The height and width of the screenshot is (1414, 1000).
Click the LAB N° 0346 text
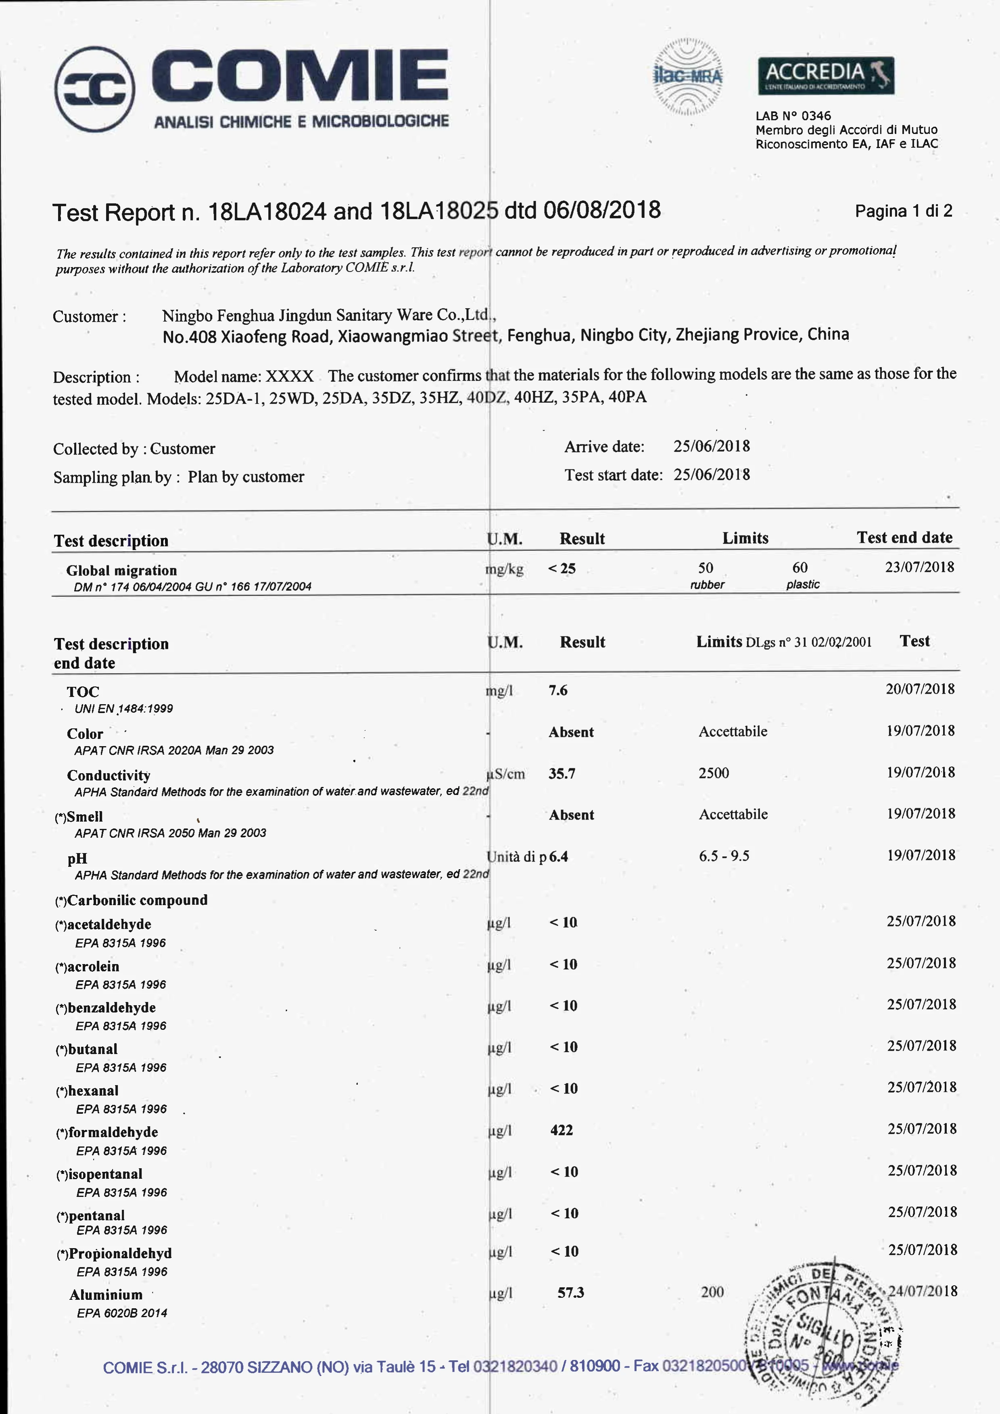793,116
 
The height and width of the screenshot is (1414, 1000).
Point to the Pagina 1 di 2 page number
903,211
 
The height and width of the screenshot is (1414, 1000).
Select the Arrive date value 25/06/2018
711,446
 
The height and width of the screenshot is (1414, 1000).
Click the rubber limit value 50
706,567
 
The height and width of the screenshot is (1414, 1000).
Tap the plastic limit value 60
800,567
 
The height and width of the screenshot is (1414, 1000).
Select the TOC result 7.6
558,690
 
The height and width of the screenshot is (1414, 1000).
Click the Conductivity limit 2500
714,773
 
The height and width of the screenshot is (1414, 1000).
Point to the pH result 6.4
559,856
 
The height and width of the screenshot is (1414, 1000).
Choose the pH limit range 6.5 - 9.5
724,856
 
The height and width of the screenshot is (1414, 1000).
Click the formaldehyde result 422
561,1130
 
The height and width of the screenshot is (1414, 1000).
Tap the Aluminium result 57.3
571,1293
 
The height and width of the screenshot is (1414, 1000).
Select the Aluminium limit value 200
712,1292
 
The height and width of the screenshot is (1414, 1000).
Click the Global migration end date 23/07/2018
919,567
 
